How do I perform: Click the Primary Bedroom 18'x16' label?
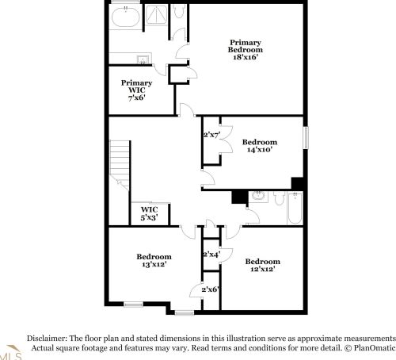[246, 50]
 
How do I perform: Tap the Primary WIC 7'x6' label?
[137, 90]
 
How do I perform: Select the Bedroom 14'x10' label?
[260, 146]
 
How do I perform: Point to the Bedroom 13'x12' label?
[154, 260]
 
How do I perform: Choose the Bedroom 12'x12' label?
[263, 265]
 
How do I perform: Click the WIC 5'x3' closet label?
[150, 213]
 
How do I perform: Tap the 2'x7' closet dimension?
[211, 135]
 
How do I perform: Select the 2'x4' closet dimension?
[211, 255]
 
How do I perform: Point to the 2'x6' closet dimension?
[211, 289]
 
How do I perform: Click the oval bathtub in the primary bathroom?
[126, 17]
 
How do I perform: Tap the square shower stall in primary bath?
[156, 15]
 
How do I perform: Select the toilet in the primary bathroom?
[179, 11]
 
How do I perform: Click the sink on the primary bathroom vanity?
[143, 59]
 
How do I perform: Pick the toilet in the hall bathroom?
[279, 199]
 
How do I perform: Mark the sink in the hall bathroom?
[258, 196]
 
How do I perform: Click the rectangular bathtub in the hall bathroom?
[295, 209]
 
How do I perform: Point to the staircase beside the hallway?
[120, 165]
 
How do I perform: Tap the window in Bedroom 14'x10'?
[306, 138]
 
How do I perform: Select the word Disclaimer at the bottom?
[47, 339]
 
